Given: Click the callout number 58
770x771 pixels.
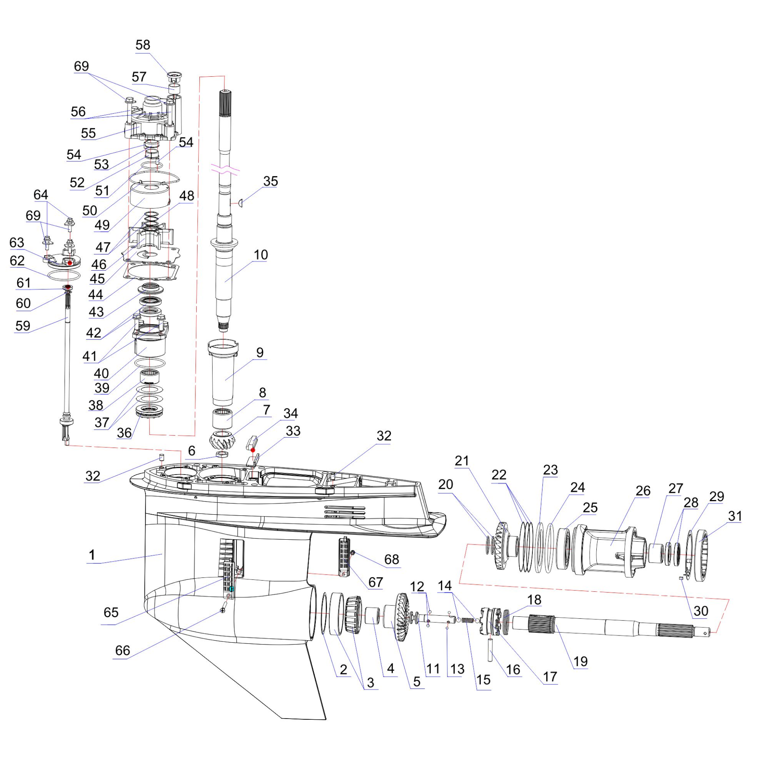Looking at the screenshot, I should tap(143, 45).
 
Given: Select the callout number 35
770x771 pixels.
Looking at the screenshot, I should tap(270, 181).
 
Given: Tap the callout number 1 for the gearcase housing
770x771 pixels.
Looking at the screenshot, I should tap(92, 555).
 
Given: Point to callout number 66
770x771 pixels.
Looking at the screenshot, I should tap(122, 651).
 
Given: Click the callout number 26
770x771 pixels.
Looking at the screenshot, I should tap(643, 490).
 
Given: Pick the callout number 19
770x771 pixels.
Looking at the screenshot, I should tap(580, 661).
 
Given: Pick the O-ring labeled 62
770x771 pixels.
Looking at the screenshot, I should tap(64, 275).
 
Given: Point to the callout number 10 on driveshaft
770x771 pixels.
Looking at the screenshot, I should tap(261, 255).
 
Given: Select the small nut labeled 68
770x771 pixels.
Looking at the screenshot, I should tap(353, 553).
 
